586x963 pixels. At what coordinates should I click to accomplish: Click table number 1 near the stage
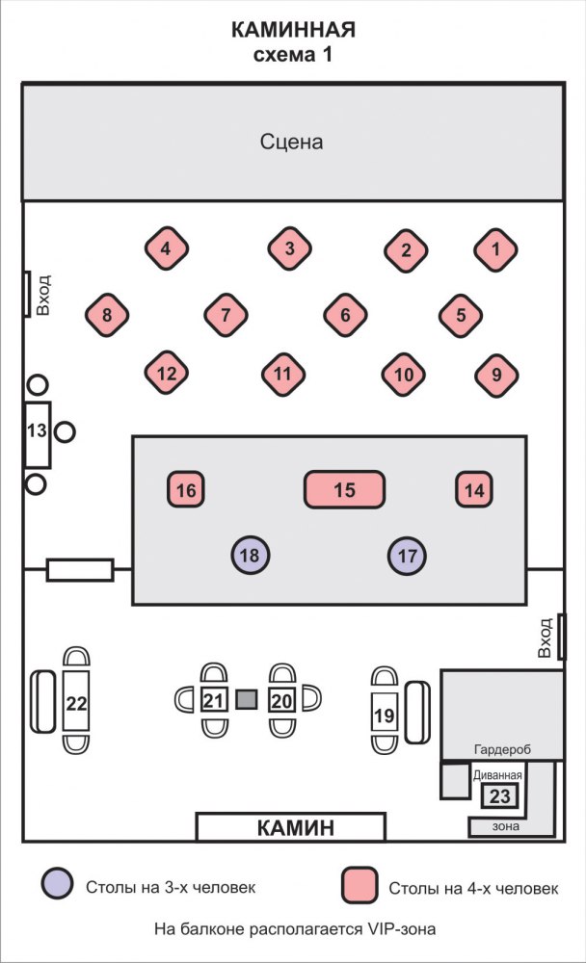click(496, 249)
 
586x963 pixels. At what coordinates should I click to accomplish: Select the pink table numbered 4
click(166, 249)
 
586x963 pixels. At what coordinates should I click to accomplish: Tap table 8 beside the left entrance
click(107, 314)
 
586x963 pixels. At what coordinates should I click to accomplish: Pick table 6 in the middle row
click(344, 314)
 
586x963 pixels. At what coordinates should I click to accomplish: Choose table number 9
click(496, 374)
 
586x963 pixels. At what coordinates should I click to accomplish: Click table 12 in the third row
click(166, 374)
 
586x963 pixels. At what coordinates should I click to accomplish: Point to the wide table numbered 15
click(345, 490)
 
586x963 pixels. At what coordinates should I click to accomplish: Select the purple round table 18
click(251, 555)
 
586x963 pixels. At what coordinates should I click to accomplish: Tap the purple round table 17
click(408, 555)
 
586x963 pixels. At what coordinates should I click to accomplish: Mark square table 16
click(187, 490)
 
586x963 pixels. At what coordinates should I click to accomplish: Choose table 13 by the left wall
click(37, 431)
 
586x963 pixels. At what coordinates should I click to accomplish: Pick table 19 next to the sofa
click(385, 715)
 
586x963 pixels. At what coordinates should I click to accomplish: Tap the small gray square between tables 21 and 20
click(248, 700)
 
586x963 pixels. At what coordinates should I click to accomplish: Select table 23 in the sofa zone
click(500, 796)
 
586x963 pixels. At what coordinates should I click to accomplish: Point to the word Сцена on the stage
click(291, 143)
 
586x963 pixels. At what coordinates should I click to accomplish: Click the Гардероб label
click(502, 750)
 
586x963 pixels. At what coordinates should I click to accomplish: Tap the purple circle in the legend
click(58, 884)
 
